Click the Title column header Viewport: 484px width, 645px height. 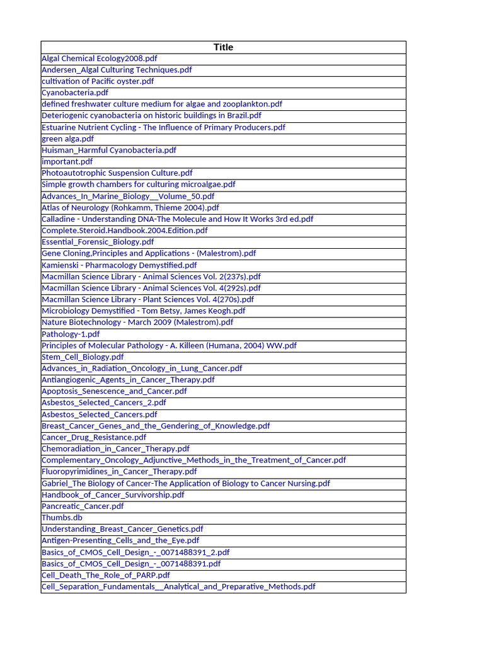click(x=223, y=47)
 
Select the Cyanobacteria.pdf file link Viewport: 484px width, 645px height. click(x=75, y=93)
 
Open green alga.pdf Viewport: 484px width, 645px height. click(x=67, y=139)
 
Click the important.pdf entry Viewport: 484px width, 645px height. click(x=67, y=161)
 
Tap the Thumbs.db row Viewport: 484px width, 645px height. click(x=62, y=518)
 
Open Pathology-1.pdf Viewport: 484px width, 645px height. click(x=71, y=334)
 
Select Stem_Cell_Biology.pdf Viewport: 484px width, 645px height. click(x=83, y=357)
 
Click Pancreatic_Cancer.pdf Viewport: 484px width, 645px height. click(x=83, y=506)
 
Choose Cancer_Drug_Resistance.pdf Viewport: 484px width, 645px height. click(x=94, y=437)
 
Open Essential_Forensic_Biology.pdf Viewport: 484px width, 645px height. click(x=98, y=242)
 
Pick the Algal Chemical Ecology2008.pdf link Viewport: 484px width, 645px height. click(x=99, y=59)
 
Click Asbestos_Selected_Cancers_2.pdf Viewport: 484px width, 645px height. click(x=104, y=402)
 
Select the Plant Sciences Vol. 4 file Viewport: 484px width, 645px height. click(x=148, y=299)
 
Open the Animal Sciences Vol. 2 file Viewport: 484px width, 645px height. click(x=151, y=277)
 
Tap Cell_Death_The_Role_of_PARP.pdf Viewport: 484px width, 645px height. click(x=106, y=575)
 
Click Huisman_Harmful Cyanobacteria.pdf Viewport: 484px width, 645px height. click(x=109, y=150)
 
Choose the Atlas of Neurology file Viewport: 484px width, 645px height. click(x=130, y=207)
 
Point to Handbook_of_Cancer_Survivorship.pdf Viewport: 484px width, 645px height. click(x=113, y=494)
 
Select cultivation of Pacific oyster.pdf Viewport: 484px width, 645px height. click(x=98, y=81)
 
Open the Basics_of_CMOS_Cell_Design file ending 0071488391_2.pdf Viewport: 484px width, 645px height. click(x=135, y=552)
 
